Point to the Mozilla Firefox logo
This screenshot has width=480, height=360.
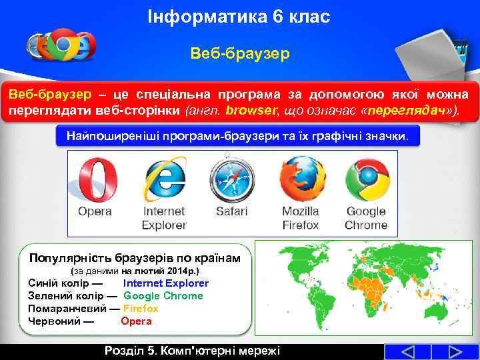[x=300, y=179]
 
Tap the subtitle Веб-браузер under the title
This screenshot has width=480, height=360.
[x=240, y=52]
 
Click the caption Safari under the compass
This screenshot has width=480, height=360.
[x=231, y=211]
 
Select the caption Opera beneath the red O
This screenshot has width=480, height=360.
[x=95, y=211]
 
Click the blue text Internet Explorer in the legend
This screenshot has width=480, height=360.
[x=166, y=283]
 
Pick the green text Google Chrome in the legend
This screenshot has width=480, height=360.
[x=163, y=296]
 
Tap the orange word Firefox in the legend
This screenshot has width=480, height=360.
[x=141, y=309]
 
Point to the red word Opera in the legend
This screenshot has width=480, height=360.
[x=136, y=321]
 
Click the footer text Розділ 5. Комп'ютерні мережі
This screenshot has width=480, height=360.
[x=192, y=351]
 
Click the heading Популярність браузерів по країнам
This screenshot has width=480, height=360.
[x=135, y=258]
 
